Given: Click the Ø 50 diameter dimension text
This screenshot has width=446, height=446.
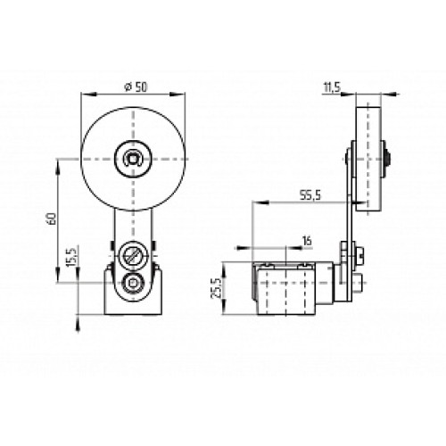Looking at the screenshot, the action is pyautogui.click(x=136, y=87).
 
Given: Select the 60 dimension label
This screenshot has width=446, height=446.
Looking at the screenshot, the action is pyautogui.click(x=52, y=219).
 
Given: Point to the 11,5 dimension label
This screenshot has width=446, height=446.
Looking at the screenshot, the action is pyautogui.click(x=332, y=87).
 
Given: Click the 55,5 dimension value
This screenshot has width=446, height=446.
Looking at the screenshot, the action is pyautogui.click(x=310, y=195).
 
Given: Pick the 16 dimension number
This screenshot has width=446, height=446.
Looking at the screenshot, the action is pyautogui.click(x=307, y=241).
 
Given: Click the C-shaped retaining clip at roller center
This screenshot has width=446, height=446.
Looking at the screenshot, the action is pyautogui.click(x=133, y=158).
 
